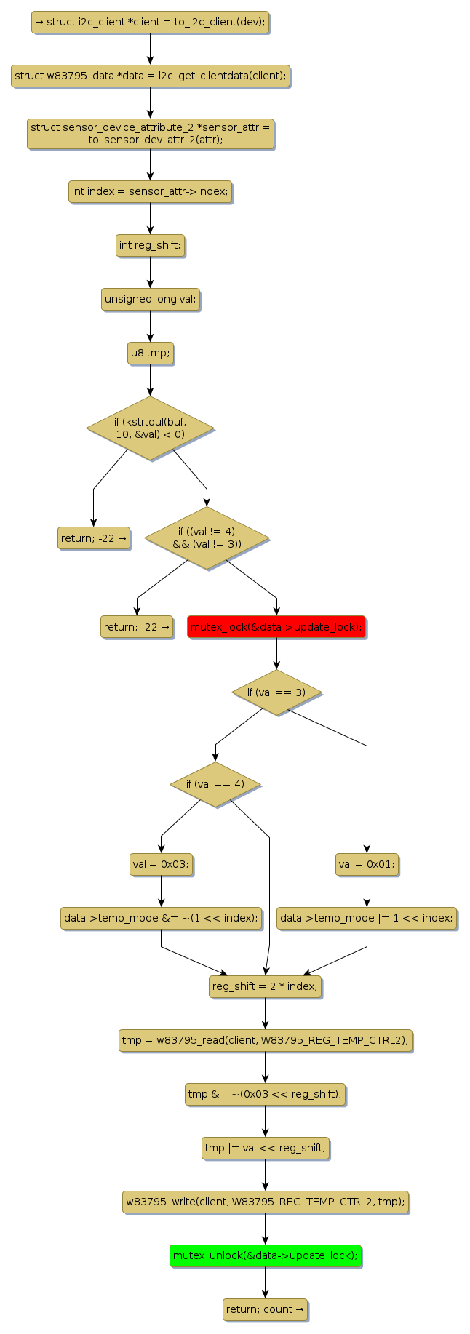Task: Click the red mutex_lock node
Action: [x=276, y=627]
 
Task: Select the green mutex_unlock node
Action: [x=265, y=1255]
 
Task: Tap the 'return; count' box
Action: [x=265, y=1309]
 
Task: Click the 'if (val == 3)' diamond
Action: [x=276, y=692]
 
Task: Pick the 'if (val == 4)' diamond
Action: [x=215, y=784]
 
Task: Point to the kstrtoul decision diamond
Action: [x=150, y=428]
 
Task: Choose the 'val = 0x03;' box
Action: [x=161, y=865]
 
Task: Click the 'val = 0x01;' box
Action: [x=367, y=865]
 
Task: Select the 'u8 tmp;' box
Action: [x=150, y=354]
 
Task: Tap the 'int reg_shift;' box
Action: [x=150, y=246]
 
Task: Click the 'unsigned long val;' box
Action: [x=150, y=299]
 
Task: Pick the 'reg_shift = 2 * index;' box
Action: [x=265, y=987]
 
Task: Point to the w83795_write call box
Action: [x=265, y=1202]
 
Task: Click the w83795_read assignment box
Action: [x=265, y=1040]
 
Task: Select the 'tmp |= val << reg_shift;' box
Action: [x=265, y=1148]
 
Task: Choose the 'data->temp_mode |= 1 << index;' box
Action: [x=367, y=918]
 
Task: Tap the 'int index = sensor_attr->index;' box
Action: [x=150, y=192]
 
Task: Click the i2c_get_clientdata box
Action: [x=150, y=76]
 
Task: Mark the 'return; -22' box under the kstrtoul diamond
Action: [x=94, y=539]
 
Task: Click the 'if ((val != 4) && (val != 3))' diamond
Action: [x=207, y=538]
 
